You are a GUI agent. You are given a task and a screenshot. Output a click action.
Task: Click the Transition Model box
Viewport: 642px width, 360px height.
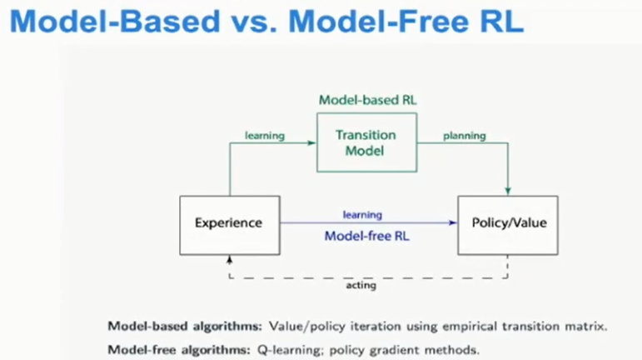pos(367,142)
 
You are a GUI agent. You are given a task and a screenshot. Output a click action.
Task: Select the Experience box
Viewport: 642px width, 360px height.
pos(230,225)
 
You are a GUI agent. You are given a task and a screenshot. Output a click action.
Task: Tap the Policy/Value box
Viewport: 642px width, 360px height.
pos(508,225)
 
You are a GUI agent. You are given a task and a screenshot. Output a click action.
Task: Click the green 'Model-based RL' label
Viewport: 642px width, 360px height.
pos(368,100)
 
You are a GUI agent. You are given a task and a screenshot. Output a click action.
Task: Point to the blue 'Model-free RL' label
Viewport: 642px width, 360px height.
pos(367,236)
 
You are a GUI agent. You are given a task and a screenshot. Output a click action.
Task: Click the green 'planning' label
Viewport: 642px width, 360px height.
pos(465,136)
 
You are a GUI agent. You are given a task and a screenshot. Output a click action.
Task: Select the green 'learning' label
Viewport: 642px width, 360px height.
pos(265,136)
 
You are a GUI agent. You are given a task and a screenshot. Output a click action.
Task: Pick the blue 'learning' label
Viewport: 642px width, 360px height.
pos(362,215)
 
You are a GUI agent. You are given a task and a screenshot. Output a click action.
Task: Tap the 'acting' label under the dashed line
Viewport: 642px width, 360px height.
pos(361,285)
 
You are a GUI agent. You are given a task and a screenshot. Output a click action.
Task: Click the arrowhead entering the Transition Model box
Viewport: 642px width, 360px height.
pos(311,143)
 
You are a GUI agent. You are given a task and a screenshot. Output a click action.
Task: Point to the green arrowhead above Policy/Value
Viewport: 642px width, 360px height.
pos(508,192)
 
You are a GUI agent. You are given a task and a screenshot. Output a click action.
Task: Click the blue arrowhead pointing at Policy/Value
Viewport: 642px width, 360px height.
pos(453,222)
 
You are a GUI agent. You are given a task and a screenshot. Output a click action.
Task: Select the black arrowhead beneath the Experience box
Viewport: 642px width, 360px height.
pos(230,260)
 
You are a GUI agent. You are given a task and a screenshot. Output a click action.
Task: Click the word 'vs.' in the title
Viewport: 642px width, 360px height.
pos(254,22)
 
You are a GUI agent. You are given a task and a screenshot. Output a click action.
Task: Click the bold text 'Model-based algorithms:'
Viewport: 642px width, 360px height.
pos(185,327)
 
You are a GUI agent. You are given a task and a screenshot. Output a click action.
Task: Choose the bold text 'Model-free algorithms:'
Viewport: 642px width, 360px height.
pos(179,350)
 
